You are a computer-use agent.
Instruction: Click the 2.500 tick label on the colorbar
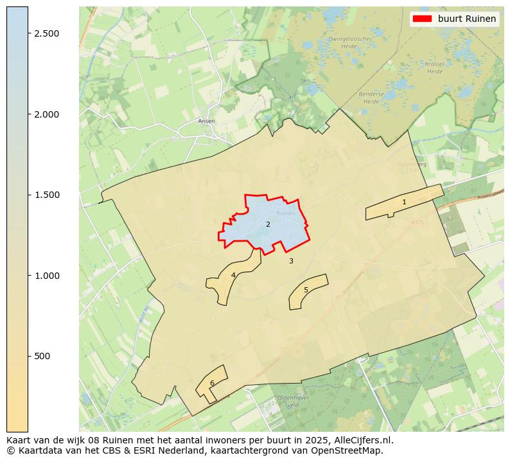46,33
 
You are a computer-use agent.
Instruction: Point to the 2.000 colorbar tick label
46,114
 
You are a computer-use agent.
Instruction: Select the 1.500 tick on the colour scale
46,195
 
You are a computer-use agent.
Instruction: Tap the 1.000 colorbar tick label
46,276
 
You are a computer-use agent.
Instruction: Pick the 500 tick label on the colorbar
42,356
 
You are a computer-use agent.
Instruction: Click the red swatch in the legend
422,19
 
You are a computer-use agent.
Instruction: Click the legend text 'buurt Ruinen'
467,19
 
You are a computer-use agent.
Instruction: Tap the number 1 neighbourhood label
404,202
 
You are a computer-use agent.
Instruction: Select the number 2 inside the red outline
268,224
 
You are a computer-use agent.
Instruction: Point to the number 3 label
291,261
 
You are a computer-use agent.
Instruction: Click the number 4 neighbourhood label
233,275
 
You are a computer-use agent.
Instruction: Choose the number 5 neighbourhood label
306,290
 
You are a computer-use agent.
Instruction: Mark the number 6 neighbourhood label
212,383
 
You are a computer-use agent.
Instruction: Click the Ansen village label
207,121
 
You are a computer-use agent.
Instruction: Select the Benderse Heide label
371,98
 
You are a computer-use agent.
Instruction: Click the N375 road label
418,223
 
